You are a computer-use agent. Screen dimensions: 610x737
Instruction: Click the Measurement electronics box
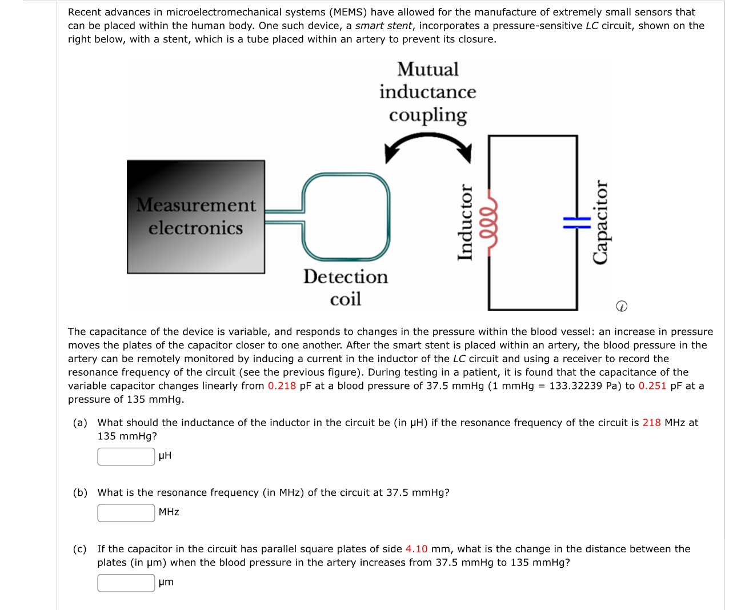click(x=195, y=216)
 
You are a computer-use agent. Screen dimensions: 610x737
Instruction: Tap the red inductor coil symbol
click(x=491, y=223)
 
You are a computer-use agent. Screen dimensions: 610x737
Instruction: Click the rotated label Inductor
click(x=466, y=222)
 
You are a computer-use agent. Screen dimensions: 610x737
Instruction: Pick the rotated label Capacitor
click(x=600, y=222)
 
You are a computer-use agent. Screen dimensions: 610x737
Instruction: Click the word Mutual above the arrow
click(x=428, y=69)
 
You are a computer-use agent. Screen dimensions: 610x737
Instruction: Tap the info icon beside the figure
click(x=622, y=306)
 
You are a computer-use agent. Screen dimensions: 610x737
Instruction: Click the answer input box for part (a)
click(x=126, y=456)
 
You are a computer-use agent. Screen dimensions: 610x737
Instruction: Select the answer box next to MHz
click(x=126, y=513)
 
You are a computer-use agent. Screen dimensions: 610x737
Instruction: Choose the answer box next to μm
click(x=126, y=583)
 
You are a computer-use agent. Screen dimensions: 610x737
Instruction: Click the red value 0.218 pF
click(x=282, y=386)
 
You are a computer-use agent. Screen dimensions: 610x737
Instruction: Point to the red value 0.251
click(x=652, y=386)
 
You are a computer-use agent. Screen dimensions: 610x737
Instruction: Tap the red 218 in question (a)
click(x=651, y=423)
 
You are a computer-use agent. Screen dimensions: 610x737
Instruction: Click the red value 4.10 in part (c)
click(x=416, y=549)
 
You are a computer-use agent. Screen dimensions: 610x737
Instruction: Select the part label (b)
click(x=80, y=492)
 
